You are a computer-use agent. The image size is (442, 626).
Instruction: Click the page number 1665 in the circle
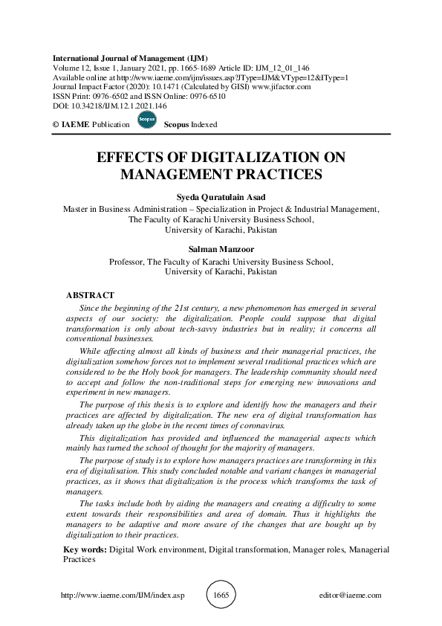click(x=221, y=595)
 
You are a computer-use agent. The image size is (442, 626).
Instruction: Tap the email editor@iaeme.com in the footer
click(x=349, y=596)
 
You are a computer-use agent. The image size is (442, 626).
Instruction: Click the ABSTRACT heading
click(x=91, y=295)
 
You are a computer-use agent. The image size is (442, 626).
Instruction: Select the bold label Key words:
click(x=85, y=549)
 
